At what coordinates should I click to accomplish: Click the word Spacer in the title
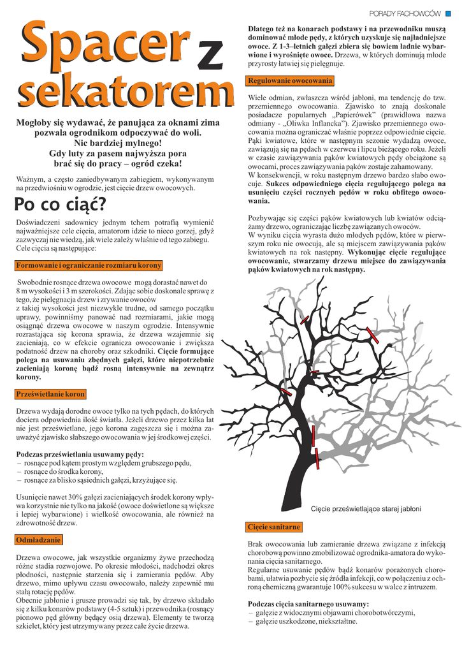point(104,48)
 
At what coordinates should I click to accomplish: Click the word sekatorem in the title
point(124,92)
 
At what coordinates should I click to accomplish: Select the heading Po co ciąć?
point(61,205)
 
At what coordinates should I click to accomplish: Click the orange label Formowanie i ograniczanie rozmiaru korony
point(89,265)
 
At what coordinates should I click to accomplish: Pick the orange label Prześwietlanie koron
point(50,394)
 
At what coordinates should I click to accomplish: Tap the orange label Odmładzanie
point(38,540)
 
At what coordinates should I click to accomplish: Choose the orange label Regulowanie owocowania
point(290,81)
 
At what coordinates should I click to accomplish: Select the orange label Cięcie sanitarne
point(274,527)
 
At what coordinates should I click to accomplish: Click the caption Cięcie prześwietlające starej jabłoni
point(365,508)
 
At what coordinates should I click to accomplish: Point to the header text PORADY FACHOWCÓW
point(405,13)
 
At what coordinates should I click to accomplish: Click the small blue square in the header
point(447,13)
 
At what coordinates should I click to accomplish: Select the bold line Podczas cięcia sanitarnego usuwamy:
point(308,604)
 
